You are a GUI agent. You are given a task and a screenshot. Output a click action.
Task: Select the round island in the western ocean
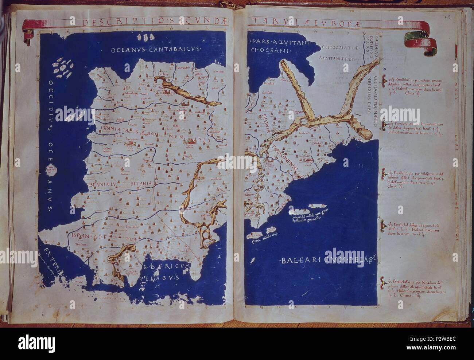click(57, 172)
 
